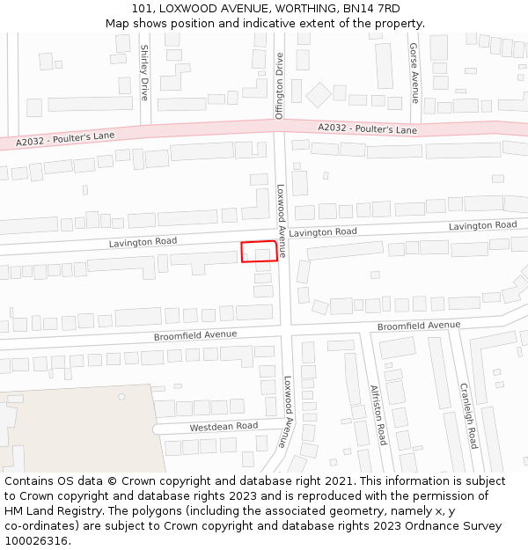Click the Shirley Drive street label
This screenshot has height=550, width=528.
(144, 72)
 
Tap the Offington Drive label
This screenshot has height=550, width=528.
(279, 85)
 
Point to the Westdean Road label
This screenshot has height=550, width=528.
(224, 427)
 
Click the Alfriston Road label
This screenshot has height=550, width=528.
(378, 414)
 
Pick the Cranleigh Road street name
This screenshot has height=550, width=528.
(467, 415)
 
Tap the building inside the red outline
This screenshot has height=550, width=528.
(263, 254)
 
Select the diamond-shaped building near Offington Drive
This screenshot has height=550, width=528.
(318, 95)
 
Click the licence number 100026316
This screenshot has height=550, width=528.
(37, 540)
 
